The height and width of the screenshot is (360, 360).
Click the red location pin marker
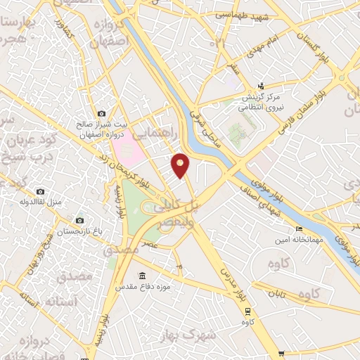pos(181,165)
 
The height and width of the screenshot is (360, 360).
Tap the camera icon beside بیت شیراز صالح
pos(102,113)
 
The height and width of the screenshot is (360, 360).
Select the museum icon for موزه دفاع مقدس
pos(143,275)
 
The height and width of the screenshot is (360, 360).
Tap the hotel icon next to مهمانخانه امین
pos(300,229)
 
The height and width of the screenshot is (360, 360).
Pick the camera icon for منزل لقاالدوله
pos(40,192)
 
